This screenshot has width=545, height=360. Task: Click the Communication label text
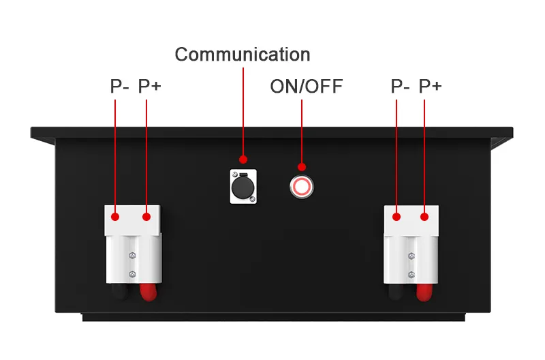243,55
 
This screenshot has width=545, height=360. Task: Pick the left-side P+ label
150,87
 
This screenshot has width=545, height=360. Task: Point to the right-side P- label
400,87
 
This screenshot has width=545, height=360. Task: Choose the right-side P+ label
430,87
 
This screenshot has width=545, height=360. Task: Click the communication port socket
243,185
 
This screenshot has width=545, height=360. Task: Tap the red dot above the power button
302,166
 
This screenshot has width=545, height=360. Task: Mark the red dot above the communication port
243,160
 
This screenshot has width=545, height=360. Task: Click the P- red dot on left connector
116,217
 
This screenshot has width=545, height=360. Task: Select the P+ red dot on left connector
146,217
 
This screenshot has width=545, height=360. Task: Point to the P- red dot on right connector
396,217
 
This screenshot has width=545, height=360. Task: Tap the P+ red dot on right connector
424,217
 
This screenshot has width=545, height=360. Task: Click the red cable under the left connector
146,292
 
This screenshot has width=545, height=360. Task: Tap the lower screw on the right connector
411,274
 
